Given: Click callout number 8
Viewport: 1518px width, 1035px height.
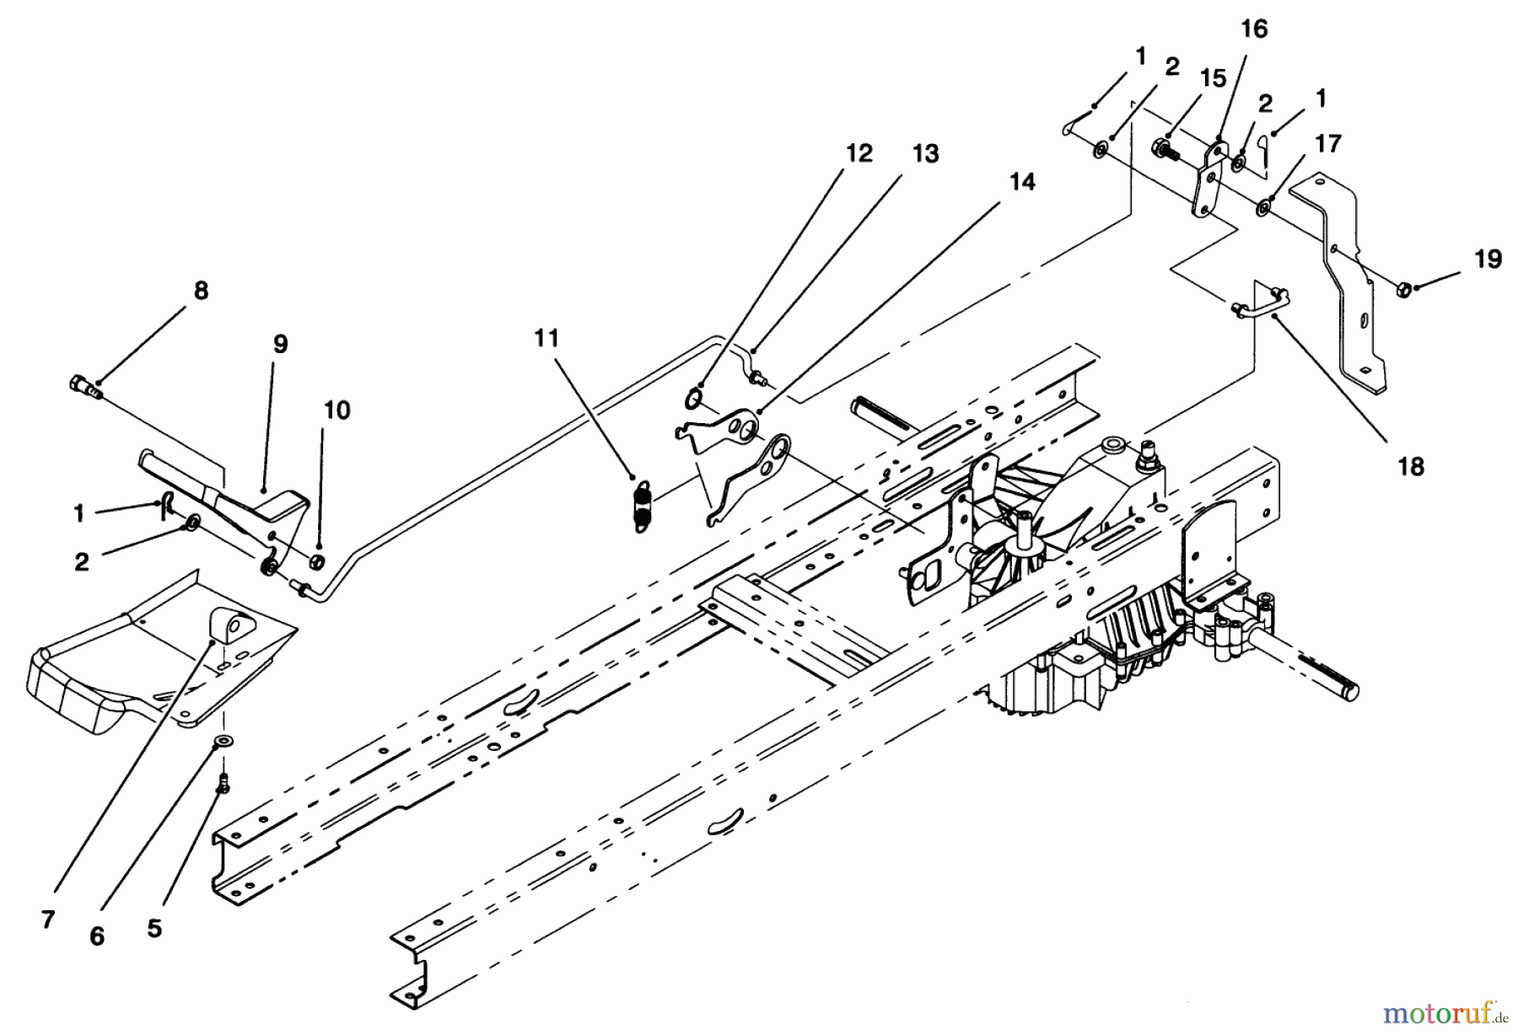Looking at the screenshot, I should pos(200,291).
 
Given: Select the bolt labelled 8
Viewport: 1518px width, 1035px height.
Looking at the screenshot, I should pos(84,388).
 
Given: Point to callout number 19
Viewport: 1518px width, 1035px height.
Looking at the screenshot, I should pos(1488,259).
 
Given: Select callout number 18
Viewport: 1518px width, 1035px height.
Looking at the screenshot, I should pos(1411,466).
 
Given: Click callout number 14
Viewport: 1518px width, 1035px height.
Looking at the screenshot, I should pos(1022,182).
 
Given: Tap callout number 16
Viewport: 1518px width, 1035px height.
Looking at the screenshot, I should pos(1254,29).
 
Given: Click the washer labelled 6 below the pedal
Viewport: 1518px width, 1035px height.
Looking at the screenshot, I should pos(224,741).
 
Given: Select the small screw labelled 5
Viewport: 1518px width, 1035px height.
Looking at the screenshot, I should pos(223,786).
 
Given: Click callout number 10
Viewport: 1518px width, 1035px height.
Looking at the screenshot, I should pos(336,410).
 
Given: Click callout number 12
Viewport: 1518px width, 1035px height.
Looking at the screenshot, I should pos(859,153).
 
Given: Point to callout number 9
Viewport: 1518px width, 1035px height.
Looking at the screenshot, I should pos(280,345).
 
